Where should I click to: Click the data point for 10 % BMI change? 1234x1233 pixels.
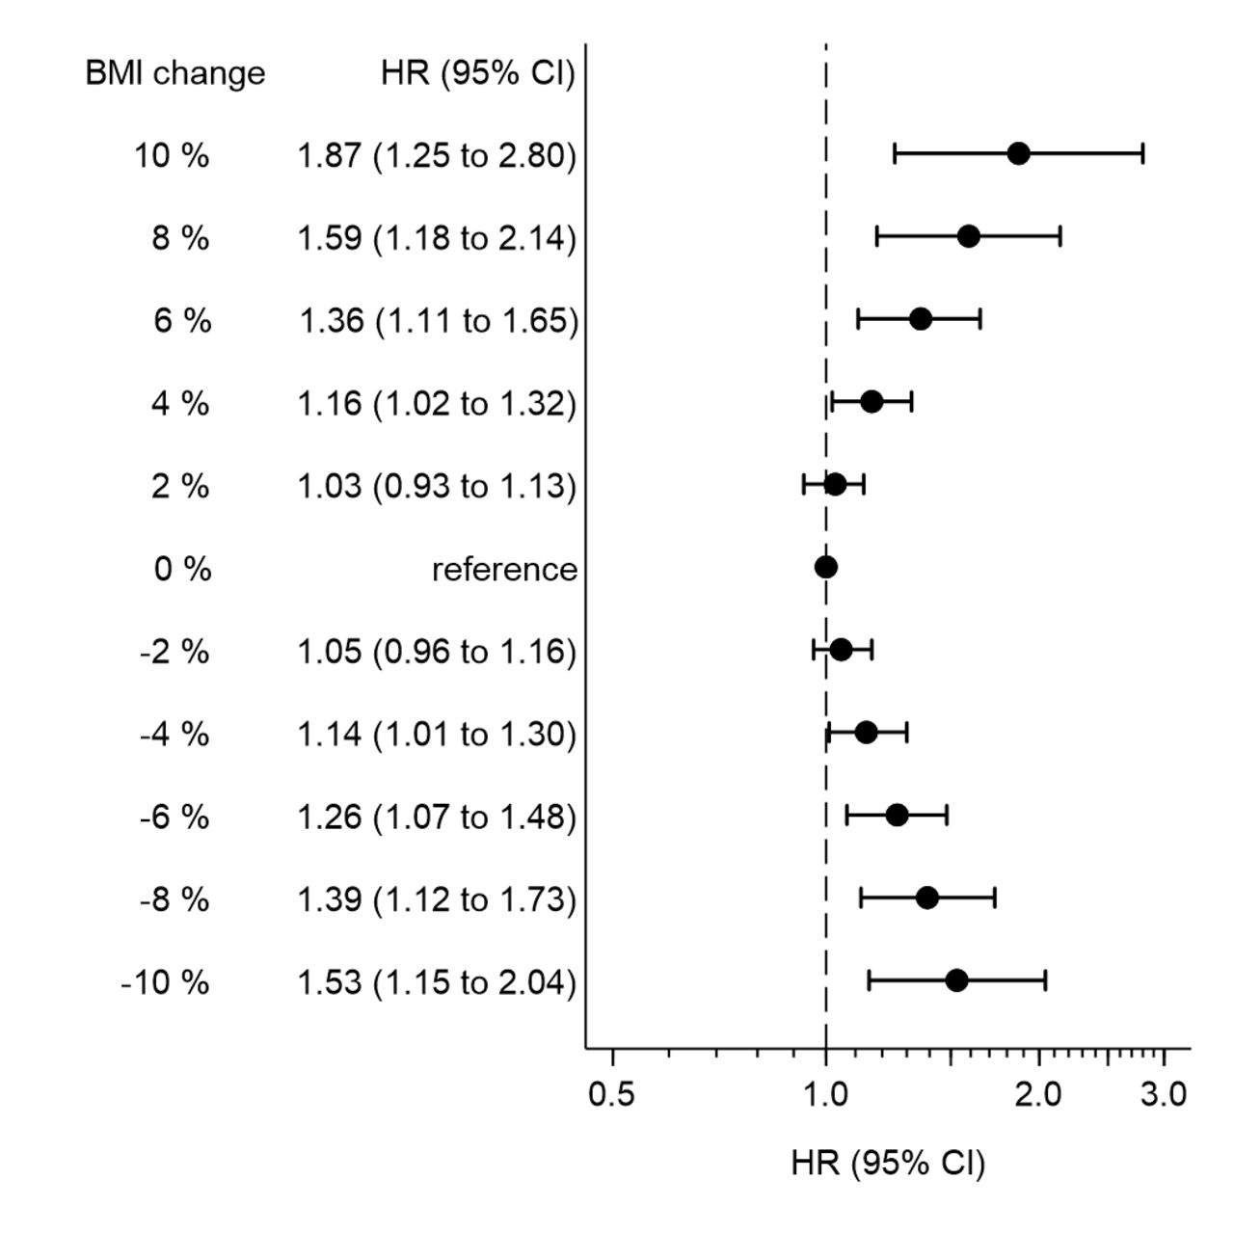1018,153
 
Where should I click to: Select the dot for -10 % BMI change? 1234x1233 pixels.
956,980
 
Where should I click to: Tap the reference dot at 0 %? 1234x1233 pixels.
826,567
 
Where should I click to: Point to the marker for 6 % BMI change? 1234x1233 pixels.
921,319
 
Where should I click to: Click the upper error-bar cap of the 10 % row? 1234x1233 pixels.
1142,153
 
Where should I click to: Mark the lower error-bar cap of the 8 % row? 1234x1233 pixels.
876,236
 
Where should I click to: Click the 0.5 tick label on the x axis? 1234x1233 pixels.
612,1095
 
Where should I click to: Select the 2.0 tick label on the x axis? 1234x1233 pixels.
1039,1095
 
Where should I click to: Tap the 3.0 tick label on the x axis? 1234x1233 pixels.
1164,1095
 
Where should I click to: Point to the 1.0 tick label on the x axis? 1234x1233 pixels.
826,1095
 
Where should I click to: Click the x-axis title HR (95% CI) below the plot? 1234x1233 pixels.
888,1163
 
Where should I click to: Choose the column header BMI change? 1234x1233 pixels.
174,73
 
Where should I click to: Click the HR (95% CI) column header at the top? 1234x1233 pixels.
478,73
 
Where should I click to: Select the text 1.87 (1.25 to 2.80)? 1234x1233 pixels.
437,155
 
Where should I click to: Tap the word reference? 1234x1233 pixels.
504,570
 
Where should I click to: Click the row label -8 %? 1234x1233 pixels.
174,900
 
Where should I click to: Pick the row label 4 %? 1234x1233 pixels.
180,404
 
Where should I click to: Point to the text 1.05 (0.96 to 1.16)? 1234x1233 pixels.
437,653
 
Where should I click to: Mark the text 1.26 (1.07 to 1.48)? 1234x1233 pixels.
437,818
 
